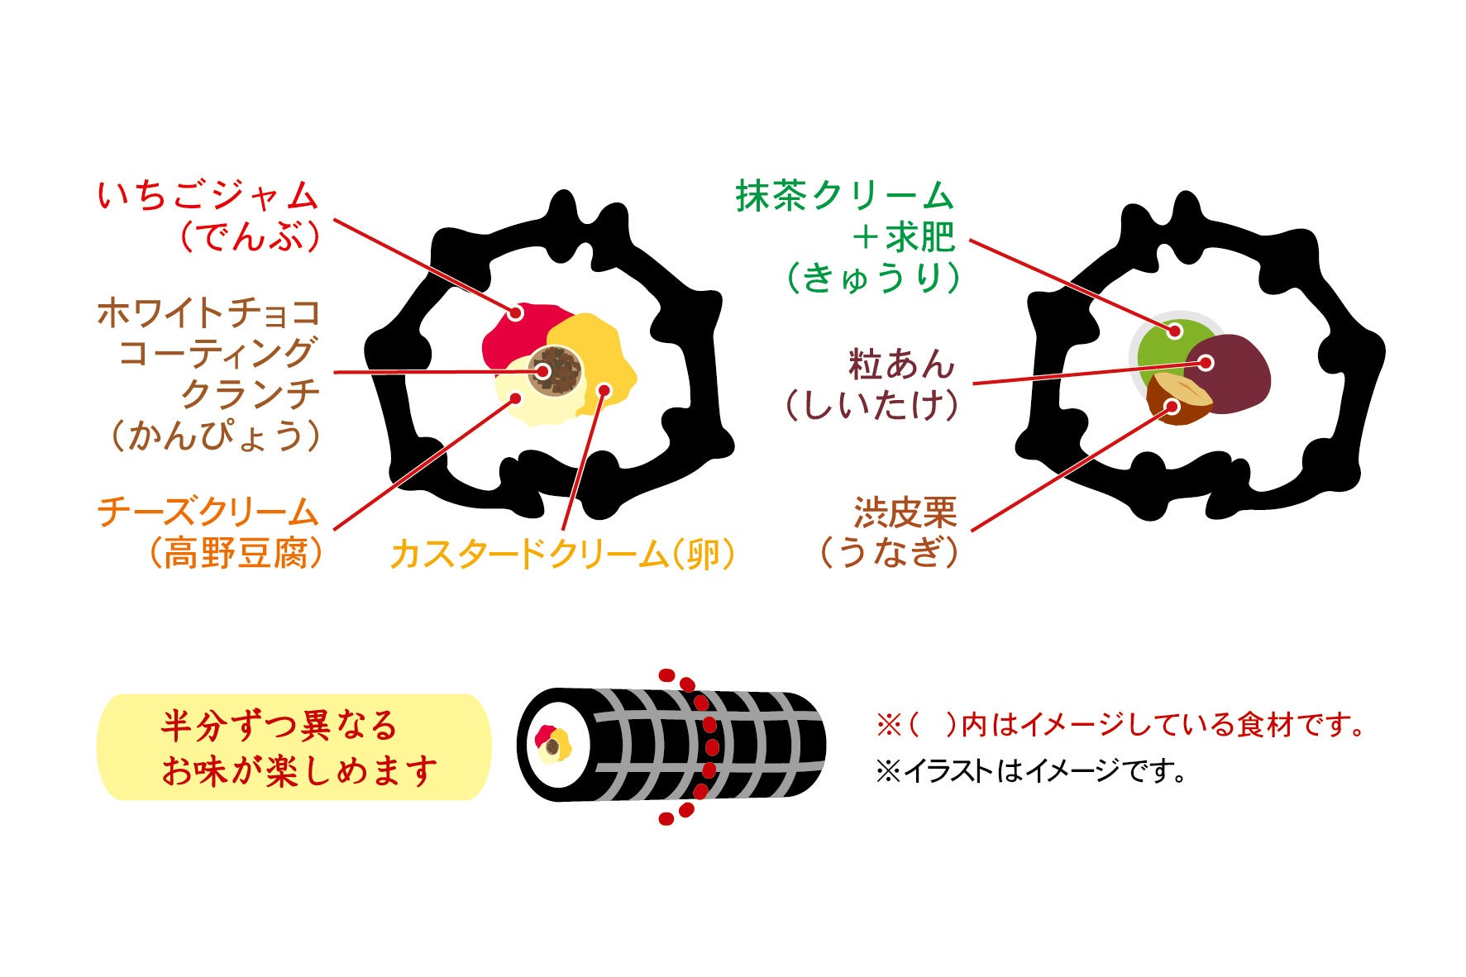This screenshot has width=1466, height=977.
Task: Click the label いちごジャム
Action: pos(208,197)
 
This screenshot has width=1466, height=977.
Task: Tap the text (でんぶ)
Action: pos(249,237)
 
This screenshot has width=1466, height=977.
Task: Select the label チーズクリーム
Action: pos(208,512)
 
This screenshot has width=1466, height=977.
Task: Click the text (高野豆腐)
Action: pos(235,553)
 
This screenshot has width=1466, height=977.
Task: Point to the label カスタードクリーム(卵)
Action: pos(562,554)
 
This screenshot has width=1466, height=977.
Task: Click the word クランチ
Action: pos(250,393)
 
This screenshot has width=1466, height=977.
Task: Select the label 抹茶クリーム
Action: pos(844,197)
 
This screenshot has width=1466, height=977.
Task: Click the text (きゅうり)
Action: pos(873,278)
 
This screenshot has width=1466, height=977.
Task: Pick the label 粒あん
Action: pos(901,365)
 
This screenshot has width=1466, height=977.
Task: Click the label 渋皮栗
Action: pos(905,513)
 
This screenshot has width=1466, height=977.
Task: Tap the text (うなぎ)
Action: pos(889,552)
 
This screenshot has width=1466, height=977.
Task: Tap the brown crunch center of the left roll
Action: pos(556,371)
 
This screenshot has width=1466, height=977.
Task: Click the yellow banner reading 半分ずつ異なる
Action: pos(294,747)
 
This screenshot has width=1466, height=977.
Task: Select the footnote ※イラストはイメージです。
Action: pos(1030,771)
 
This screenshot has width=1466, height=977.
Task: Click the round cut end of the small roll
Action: pos(552,745)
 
